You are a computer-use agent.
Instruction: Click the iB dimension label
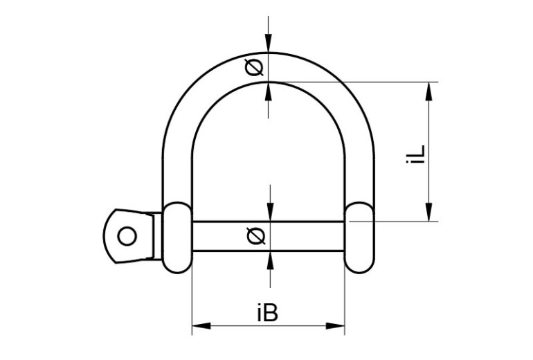click(267, 314)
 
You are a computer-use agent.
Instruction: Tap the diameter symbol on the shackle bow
click(255, 67)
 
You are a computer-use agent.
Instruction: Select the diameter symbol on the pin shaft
click(255, 236)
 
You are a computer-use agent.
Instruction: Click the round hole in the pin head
click(126, 236)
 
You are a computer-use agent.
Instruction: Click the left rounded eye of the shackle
click(177, 237)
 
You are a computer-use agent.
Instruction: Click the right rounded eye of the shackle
click(359, 237)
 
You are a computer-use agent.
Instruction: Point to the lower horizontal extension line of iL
click(395, 222)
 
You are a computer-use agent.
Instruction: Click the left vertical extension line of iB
click(192, 305)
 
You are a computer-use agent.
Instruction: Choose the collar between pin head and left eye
click(157, 236)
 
